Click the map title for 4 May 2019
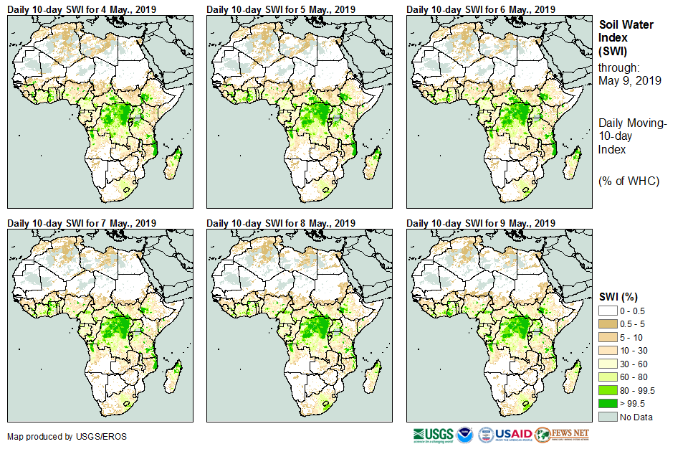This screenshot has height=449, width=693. click(82, 9)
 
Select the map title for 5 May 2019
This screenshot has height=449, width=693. click(281, 9)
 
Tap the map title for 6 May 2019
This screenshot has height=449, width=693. click(481, 9)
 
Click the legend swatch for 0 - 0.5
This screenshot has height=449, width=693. click(608, 310)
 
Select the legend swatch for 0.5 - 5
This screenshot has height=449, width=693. click(608, 323)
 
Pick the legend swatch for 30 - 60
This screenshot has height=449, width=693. click(608, 364)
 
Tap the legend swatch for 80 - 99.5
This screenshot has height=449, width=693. click(608, 390)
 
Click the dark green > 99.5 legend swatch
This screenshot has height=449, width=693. click(608, 404)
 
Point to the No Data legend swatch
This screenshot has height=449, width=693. click(608, 417)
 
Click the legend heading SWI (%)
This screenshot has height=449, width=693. click(618, 296)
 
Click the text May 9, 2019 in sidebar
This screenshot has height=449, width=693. click(629, 80)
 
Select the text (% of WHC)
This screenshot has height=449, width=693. click(629, 181)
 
